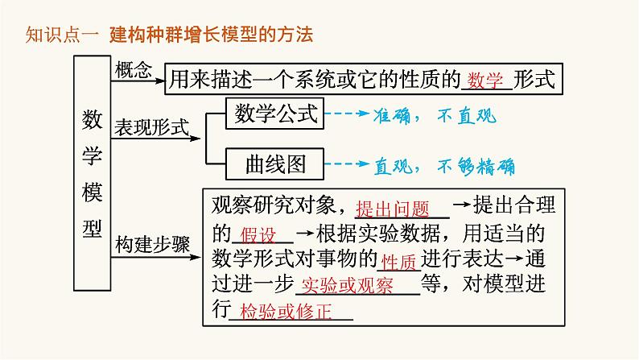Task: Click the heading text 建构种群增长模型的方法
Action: [x=209, y=35]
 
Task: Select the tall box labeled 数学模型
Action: [x=92, y=172]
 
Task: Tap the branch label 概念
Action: [x=132, y=70]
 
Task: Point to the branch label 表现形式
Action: [x=151, y=127]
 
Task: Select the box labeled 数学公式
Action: [x=276, y=114]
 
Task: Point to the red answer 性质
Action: [x=398, y=262]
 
